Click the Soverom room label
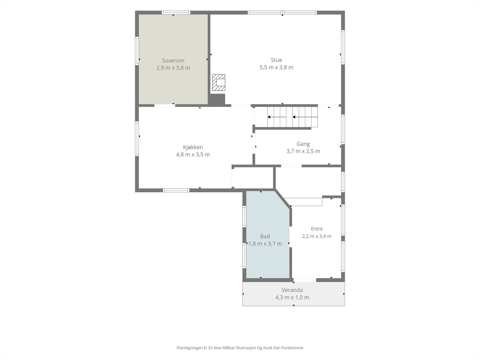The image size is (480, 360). (173, 61)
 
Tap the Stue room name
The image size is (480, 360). (276, 60)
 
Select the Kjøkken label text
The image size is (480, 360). (193, 147)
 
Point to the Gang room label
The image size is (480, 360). (303, 144)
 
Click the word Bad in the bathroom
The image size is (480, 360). (265, 236)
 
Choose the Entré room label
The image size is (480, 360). (316, 229)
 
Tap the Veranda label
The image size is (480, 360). (292, 290)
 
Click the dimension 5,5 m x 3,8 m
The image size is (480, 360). (276, 67)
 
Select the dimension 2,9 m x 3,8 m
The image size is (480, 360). (173, 68)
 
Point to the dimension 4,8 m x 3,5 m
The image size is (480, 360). (193, 154)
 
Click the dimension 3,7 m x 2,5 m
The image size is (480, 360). (303, 151)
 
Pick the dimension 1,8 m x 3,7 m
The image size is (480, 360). (265, 244)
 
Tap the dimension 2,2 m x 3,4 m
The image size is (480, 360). (316, 236)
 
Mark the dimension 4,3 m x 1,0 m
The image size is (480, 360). (292, 298)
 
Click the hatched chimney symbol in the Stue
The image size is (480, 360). (218, 82)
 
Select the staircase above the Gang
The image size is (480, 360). (286, 117)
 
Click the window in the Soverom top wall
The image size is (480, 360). (176, 13)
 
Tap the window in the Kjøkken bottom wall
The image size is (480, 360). (176, 190)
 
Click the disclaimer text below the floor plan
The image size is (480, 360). (240, 348)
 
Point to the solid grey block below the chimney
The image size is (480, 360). (217, 99)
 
